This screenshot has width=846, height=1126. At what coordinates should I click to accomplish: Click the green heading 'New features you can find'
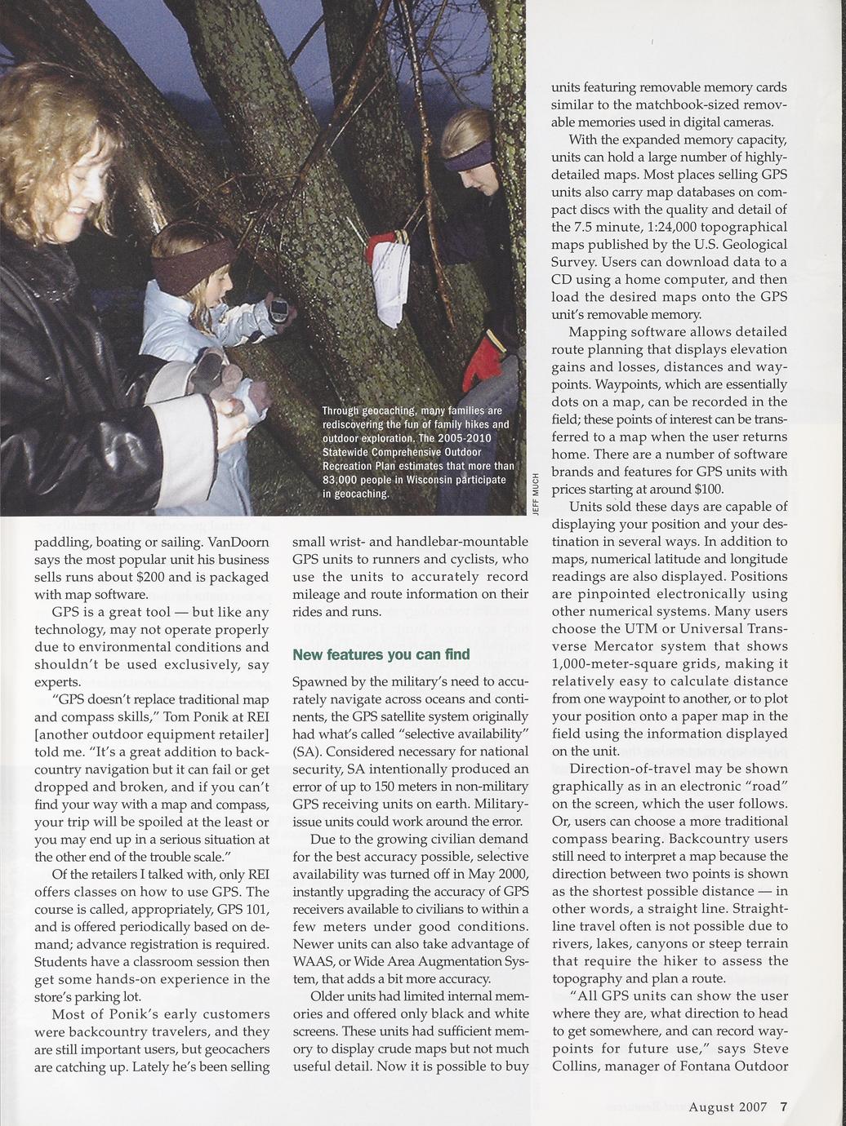tap(381, 654)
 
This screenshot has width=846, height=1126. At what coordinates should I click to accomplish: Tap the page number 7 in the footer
tap(783, 1106)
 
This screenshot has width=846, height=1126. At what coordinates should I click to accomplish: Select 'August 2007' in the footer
tap(728, 1106)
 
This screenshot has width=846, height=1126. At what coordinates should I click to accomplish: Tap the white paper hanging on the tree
tap(388, 281)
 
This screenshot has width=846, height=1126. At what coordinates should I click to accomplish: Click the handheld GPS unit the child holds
tap(280, 311)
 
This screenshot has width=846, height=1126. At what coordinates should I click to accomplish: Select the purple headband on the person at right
tap(469, 155)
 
